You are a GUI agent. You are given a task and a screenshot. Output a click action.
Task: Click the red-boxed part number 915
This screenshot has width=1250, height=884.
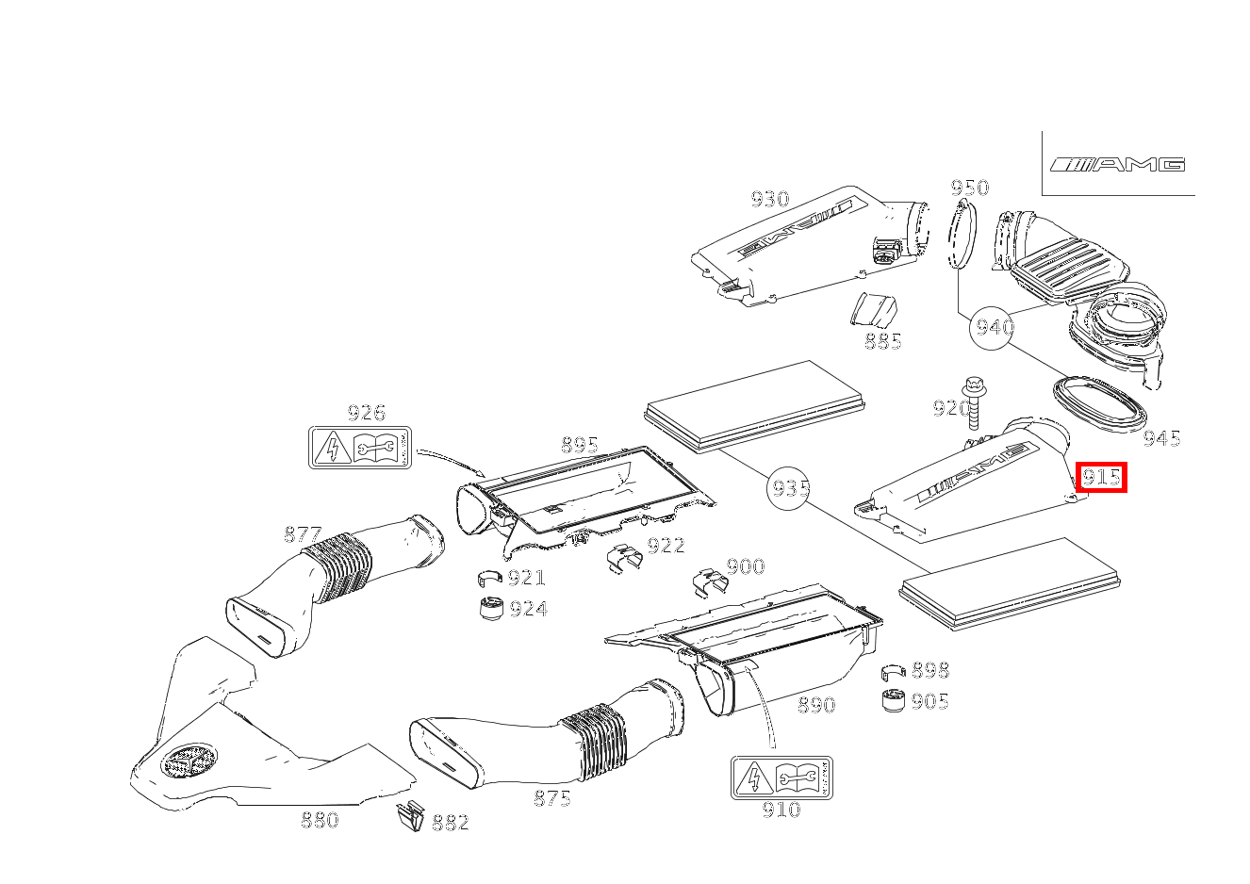(x=1101, y=478)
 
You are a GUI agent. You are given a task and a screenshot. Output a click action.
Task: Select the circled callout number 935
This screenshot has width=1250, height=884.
(x=789, y=488)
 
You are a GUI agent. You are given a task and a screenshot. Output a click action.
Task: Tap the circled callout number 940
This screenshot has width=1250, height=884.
(x=994, y=327)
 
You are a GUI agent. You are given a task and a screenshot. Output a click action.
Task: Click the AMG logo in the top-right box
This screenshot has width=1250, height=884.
(x=1118, y=165)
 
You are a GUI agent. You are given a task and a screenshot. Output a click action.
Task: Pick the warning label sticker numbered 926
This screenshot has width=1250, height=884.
(x=360, y=448)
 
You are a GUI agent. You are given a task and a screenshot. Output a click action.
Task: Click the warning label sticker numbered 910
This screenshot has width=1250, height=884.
(x=781, y=778)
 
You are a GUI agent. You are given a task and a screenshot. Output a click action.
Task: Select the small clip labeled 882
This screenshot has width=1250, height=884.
(x=410, y=817)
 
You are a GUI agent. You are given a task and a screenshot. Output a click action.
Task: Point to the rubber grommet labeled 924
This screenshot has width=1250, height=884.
(x=489, y=609)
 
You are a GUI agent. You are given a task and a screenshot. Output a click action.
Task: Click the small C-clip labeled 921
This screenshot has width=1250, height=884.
(x=489, y=578)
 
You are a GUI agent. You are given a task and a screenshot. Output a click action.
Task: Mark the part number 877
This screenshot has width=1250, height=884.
(x=303, y=535)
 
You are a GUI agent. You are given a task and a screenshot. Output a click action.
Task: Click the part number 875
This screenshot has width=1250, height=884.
(x=551, y=798)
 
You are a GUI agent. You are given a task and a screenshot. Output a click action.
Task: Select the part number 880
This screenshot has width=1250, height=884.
(x=320, y=820)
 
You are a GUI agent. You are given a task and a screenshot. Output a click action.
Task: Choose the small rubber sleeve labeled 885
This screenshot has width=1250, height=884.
(x=874, y=310)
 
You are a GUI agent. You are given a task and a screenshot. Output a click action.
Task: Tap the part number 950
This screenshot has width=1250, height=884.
(x=969, y=188)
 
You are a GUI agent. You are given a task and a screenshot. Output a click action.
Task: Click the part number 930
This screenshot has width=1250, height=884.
(x=769, y=199)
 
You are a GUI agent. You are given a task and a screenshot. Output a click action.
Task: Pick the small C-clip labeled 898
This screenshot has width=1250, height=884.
(x=893, y=671)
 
